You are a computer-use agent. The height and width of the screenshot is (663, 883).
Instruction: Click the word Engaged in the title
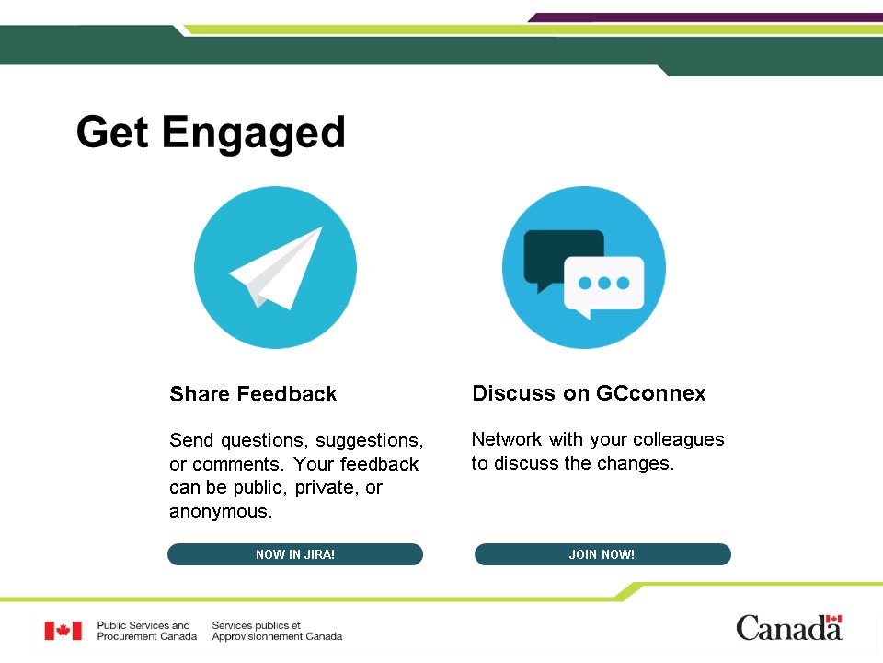point(254,133)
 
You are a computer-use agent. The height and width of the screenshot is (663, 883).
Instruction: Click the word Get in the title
point(112,132)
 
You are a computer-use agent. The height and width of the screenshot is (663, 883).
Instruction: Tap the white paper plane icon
point(276,268)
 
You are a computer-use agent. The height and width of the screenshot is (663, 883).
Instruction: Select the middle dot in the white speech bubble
point(604,283)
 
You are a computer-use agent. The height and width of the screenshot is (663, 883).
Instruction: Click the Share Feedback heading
point(254,394)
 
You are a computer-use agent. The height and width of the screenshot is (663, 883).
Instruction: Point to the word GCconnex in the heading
point(650,393)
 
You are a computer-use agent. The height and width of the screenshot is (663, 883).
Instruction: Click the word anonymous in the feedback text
point(219,511)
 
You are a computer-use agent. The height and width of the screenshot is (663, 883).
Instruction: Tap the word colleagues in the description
point(679,440)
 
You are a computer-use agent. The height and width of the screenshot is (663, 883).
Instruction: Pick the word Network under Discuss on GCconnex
point(507,438)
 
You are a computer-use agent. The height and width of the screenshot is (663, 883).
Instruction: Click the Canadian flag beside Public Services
point(63,631)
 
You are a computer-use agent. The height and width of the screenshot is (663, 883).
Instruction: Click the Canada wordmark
point(789,628)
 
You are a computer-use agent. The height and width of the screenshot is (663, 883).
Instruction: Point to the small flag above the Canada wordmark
point(833,619)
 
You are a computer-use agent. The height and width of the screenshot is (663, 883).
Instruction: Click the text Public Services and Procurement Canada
point(147,631)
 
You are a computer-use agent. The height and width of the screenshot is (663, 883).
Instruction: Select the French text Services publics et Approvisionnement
point(277,631)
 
